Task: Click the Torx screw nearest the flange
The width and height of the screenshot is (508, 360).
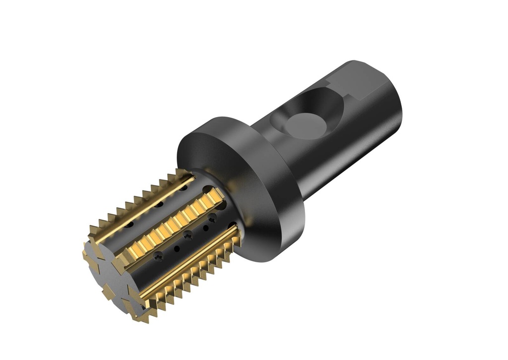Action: coord(212,218)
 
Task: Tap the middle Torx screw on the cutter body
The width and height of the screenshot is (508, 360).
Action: coord(188,236)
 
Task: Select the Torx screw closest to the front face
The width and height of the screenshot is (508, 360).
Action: coord(159,256)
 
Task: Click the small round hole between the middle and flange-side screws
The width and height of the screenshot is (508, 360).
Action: coord(206,228)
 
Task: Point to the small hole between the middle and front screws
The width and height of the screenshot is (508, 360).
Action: coord(177,248)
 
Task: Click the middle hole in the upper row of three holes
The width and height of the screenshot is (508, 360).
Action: coord(159,205)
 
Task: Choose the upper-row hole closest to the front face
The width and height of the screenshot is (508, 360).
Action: coord(130,224)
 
